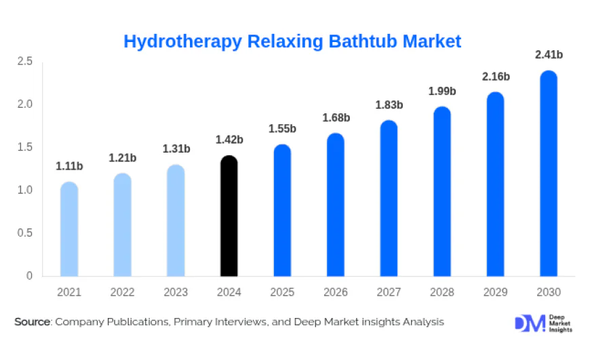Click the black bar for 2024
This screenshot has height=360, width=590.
229,216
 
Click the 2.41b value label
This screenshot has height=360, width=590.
549,54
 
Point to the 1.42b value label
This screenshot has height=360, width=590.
229,140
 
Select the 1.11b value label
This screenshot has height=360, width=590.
69,166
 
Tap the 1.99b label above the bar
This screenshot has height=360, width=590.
442,91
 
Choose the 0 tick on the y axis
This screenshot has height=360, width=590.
29,276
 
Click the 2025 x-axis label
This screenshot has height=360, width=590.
282,292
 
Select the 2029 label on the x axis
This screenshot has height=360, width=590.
495,292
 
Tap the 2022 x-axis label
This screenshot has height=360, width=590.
123,292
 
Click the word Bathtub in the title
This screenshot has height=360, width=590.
363,41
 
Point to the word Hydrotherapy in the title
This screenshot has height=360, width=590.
182,41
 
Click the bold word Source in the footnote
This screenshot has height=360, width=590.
33,322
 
